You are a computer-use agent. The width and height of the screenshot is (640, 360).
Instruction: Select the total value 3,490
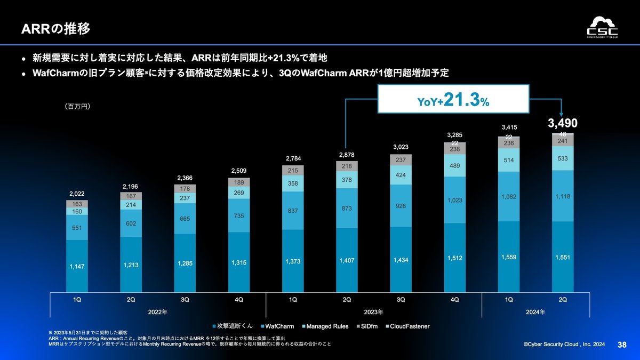563,123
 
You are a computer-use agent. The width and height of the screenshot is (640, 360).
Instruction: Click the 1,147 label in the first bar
77,266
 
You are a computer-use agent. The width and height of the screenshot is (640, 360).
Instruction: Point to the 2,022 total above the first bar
77,194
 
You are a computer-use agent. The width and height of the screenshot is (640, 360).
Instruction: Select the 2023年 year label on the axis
373,311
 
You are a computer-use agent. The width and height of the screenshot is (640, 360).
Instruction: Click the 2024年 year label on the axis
535,311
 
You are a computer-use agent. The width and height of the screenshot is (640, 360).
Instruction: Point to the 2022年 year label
158,311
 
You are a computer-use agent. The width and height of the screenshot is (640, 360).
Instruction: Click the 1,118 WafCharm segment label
563,196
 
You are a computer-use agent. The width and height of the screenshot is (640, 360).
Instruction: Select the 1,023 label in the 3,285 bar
454,200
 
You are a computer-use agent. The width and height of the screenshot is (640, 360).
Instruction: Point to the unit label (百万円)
77,107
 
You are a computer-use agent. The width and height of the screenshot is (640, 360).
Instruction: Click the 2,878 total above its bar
347,155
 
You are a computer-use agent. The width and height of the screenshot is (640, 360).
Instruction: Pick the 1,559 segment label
509,257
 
